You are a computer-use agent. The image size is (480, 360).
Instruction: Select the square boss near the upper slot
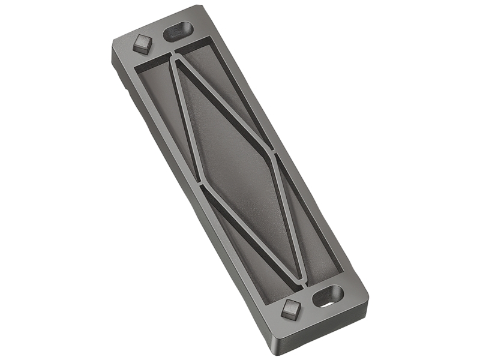tap(142, 44)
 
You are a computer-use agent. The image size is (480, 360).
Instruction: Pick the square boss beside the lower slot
tap(290, 309)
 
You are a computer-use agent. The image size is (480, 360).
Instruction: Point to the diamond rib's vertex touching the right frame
tap(273, 153)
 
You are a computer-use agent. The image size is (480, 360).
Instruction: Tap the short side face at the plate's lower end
tap(324, 333)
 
